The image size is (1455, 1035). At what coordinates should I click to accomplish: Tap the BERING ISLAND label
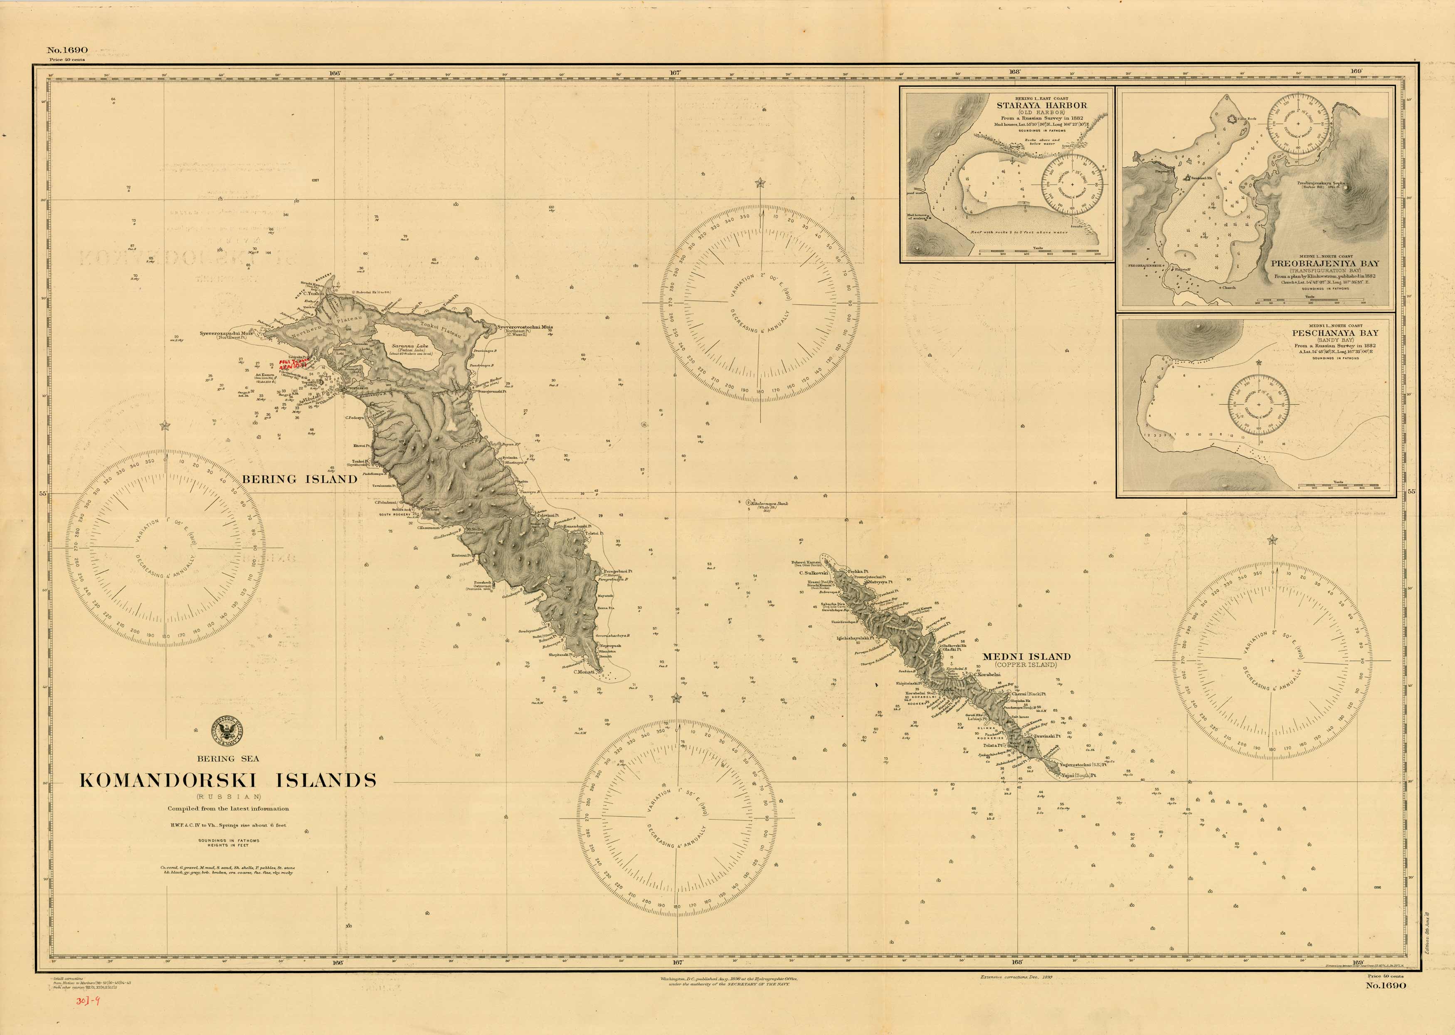tap(299, 479)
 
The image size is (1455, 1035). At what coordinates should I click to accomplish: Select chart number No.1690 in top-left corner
tap(67, 50)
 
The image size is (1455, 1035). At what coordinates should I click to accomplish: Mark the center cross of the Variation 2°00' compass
tap(760, 303)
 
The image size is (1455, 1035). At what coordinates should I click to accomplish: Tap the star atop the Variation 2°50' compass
tap(1272, 541)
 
